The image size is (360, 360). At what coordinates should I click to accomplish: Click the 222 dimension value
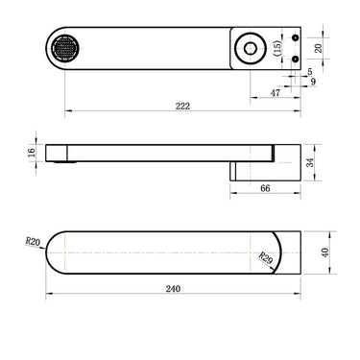click(182, 106)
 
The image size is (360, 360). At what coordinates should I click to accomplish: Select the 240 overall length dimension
click(173, 289)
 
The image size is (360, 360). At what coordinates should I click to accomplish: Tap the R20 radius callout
click(33, 241)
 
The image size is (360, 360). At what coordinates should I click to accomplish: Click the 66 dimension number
click(265, 188)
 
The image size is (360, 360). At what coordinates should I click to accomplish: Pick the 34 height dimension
click(310, 162)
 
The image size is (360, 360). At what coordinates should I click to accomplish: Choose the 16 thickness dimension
click(32, 153)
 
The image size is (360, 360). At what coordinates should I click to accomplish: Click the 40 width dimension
click(325, 252)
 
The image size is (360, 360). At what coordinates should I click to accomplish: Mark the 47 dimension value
click(276, 93)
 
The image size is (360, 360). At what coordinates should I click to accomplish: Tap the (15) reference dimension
click(277, 48)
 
